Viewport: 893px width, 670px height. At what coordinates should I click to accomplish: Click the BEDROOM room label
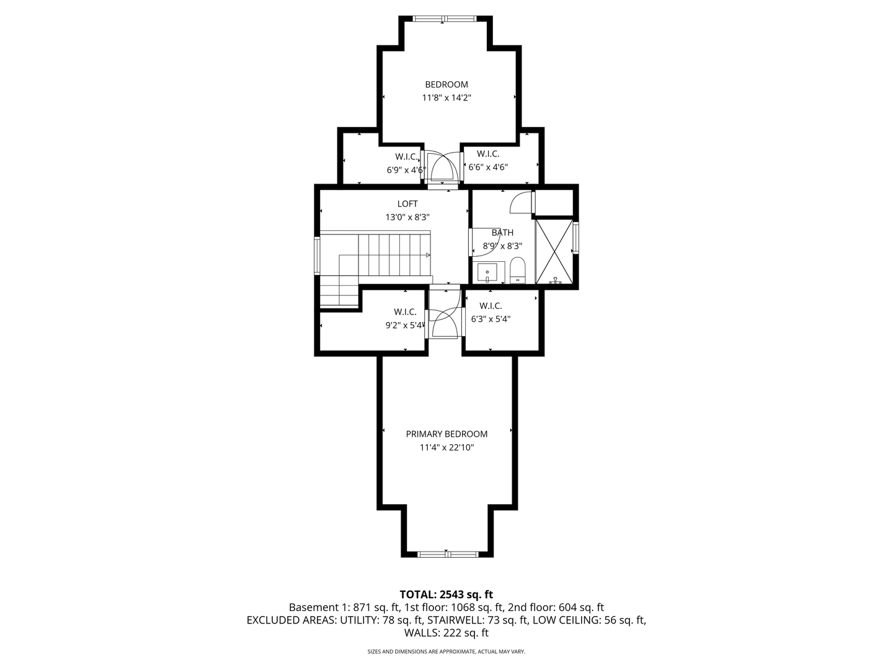click(x=446, y=84)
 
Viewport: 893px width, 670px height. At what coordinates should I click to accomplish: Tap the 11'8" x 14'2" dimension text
click(x=446, y=97)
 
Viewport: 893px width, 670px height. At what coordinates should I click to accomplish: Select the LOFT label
click(x=407, y=204)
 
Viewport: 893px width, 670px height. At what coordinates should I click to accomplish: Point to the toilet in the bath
click(x=517, y=270)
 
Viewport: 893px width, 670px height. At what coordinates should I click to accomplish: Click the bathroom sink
click(x=487, y=273)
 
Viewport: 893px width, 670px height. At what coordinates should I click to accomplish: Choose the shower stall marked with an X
click(x=554, y=251)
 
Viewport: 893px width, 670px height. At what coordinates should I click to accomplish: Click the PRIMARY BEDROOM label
click(x=446, y=434)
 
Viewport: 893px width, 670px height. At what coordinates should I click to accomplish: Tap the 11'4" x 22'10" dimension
click(x=446, y=447)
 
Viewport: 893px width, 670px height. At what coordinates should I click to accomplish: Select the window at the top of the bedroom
click(x=444, y=19)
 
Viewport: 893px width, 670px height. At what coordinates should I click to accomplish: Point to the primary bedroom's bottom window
click(x=448, y=554)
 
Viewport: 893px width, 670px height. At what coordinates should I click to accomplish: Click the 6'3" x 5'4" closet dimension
click(x=491, y=319)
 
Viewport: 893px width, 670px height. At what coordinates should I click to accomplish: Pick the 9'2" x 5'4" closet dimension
click(x=405, y=325)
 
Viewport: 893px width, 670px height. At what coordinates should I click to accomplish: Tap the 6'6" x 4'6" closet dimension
click(x=488, y=167)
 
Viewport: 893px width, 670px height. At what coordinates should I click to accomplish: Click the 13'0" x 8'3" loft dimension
click(x=407, y=217)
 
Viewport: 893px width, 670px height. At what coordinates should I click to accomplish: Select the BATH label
click(x=502, y=233)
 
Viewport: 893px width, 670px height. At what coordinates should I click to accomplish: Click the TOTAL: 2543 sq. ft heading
click(x=446, y=594)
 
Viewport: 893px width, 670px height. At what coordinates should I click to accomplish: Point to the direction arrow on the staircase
click(x=427, y=255)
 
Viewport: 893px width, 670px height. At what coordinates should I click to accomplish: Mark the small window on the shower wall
click(x=575, y=238)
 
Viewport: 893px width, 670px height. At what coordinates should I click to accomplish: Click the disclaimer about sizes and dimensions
click(x=446, y=651)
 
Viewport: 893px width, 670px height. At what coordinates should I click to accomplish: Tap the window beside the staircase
click(x=317, y=256)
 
